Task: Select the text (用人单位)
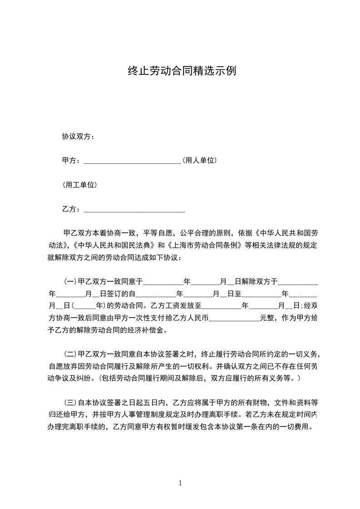click(x=199, y=161)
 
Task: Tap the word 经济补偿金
click(x=147, y=330)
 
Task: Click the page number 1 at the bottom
click(x=180, y=484)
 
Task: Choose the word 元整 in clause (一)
click(x=267, y=318)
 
